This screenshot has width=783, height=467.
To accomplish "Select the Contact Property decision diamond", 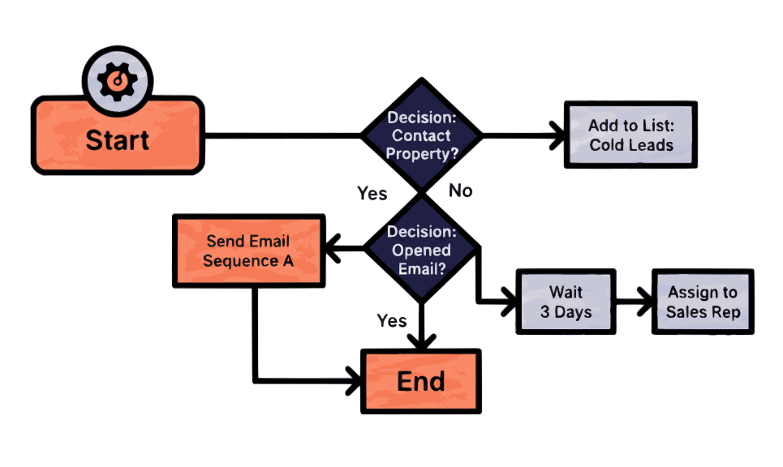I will coord(419,135).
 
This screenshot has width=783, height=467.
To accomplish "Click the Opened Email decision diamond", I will coord(420,250).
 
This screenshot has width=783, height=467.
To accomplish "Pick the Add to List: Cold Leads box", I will coord(630,135).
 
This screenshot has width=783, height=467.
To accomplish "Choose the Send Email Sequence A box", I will coord(247,251).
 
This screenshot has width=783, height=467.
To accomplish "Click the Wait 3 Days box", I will coord(565,302).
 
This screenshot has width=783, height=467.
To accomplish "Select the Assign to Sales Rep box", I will coord(702,302).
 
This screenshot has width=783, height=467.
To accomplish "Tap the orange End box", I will coord(420,380).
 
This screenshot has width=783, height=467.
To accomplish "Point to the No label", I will coord(460,191).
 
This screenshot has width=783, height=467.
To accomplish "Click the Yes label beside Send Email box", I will coord(372,194).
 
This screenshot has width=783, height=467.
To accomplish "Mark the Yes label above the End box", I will coord(392,321).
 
